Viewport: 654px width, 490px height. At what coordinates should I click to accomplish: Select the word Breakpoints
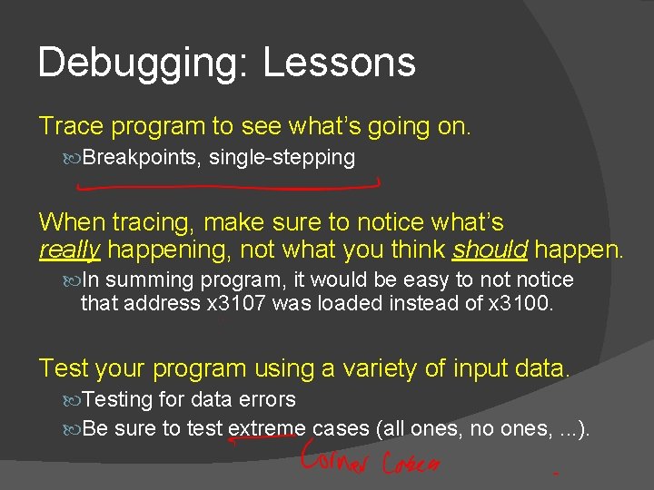coord(141,158)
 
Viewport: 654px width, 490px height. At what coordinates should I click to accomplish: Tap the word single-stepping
coord(282,158)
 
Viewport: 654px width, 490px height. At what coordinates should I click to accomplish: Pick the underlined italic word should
coord(490,250)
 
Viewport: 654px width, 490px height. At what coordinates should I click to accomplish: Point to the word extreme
coord(267,428)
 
